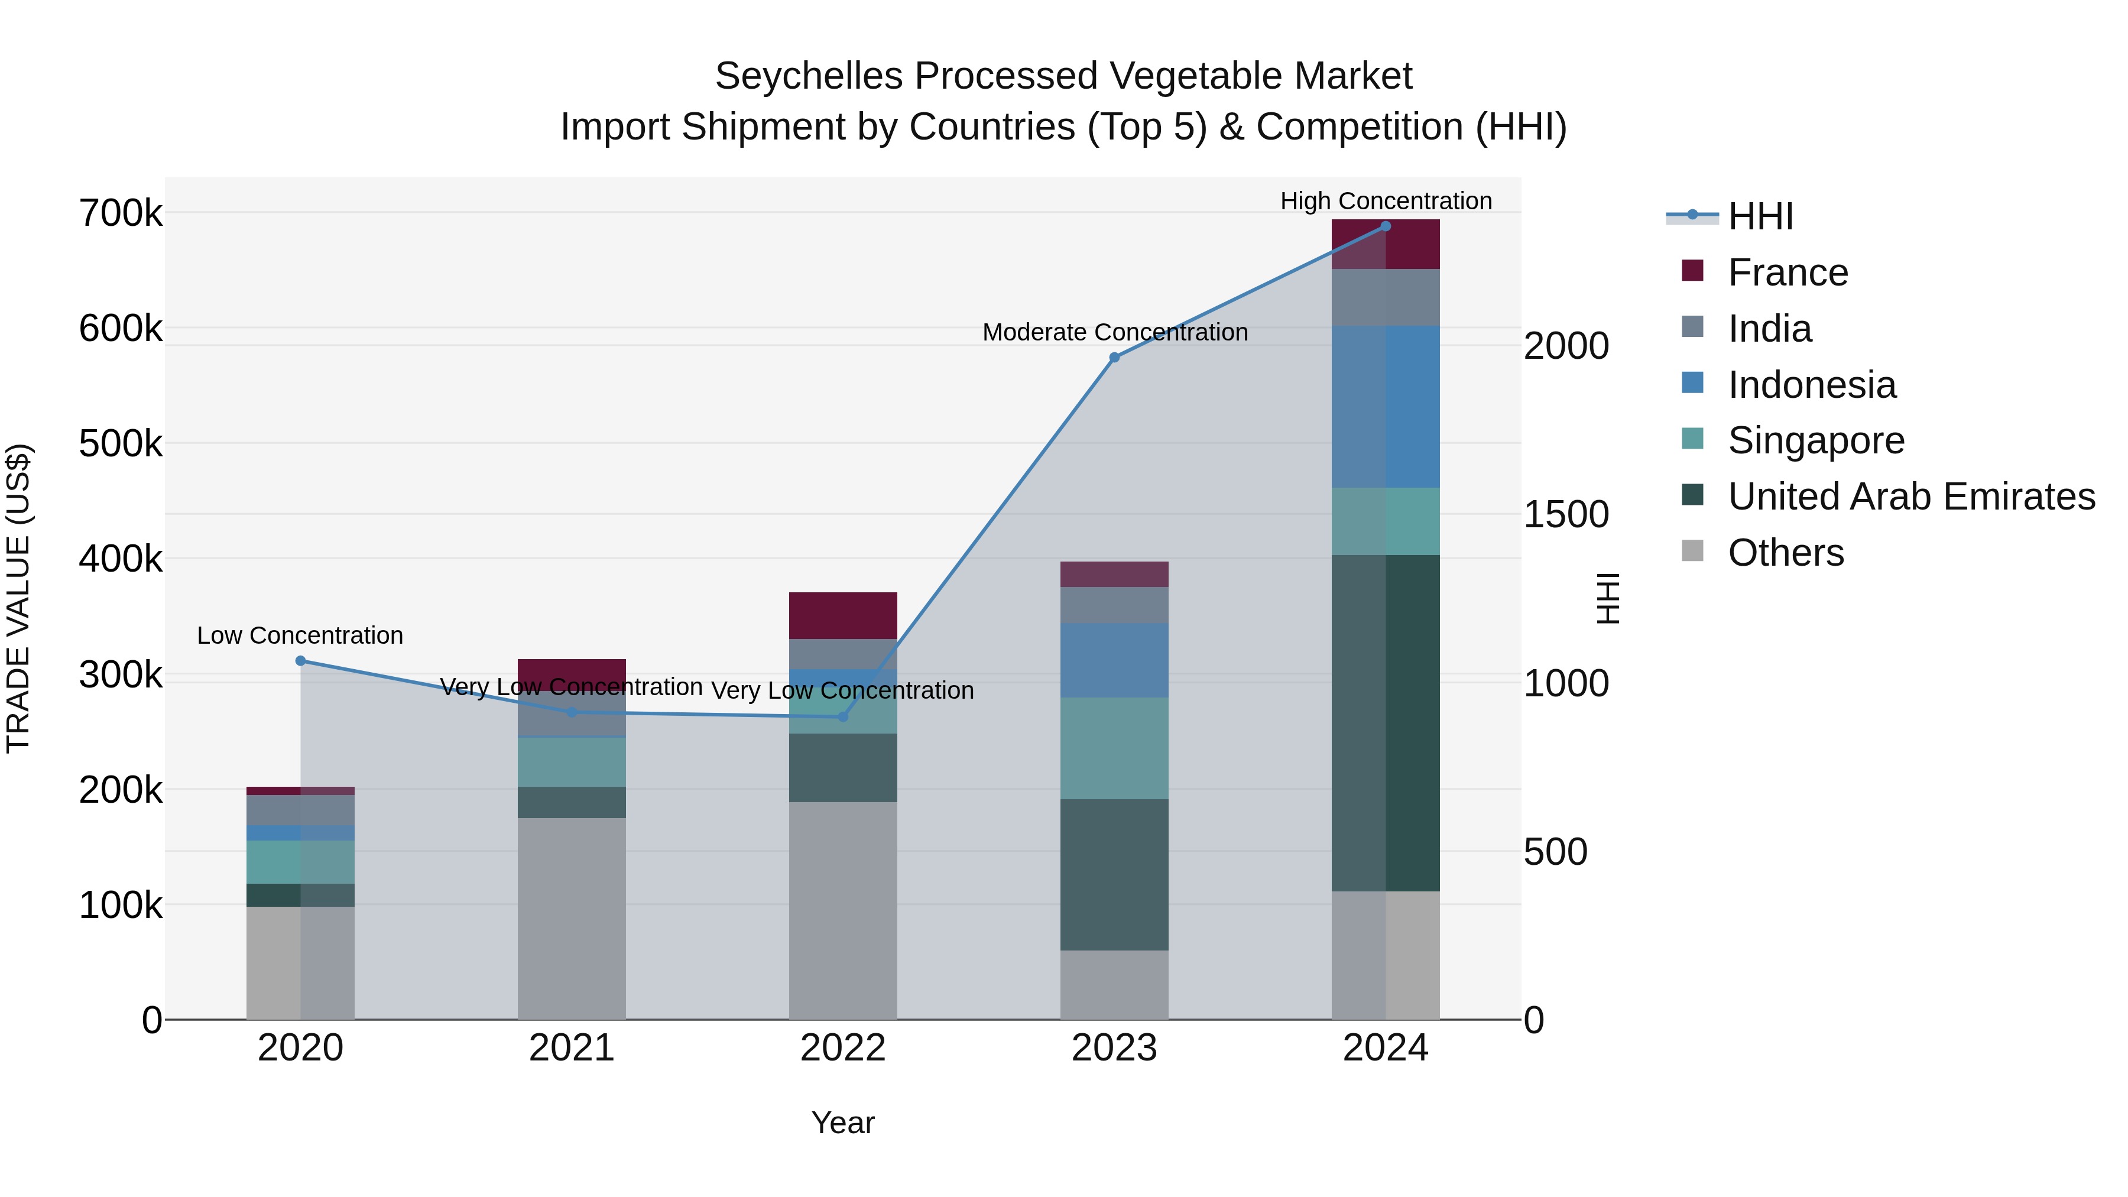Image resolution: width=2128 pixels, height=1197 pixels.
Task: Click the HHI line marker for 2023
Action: [x=1114, y=358]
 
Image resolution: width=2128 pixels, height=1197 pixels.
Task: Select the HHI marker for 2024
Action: [x=1386, y=226]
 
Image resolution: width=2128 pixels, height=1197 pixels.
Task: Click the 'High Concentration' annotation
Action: [x=1386, y=202]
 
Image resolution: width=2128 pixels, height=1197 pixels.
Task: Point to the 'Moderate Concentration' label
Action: [x=1114, y=333]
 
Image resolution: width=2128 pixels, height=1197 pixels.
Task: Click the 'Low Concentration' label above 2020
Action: [x=300, y=636]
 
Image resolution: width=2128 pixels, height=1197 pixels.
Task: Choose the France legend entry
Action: [x=1787, y=273]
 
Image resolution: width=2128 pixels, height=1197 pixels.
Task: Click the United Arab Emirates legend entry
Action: [x=1910, y=497]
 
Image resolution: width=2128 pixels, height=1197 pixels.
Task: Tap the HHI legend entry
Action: [x=1760, y=216]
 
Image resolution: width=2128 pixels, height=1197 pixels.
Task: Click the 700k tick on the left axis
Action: [x=121, y=214]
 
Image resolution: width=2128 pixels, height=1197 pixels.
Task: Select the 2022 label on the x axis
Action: [x=842, y=1048]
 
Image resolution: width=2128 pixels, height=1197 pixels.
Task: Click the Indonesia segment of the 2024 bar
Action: [x=1386, y=407]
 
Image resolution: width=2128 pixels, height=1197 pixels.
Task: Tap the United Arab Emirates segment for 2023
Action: [x=1114, y=874]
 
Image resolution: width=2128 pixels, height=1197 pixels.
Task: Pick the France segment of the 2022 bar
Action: [x=842, y=615]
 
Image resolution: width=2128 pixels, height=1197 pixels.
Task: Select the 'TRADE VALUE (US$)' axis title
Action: [x=18, y=599]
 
